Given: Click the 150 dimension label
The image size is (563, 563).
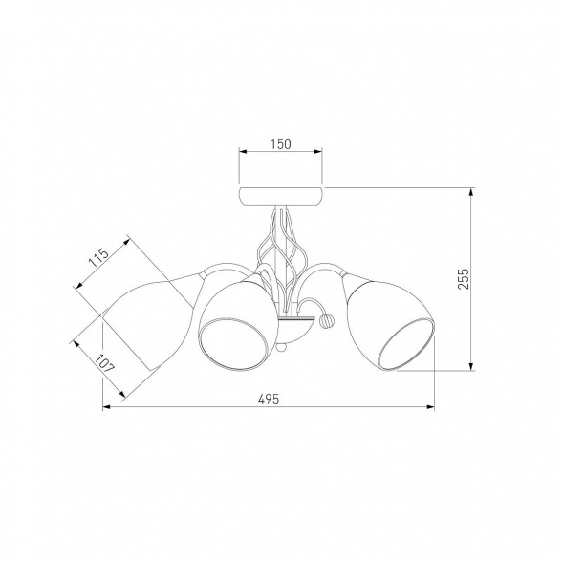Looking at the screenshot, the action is tap(281, 144).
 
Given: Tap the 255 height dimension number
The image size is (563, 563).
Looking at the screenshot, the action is tap(464, 278).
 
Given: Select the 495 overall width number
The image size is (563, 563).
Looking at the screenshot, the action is tap(269, 399).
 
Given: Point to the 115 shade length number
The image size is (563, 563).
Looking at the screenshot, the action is tap(98, 257).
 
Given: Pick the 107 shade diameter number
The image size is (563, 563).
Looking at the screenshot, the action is tap(105, 363).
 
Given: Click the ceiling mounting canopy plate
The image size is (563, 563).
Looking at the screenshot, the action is tap(281, 197).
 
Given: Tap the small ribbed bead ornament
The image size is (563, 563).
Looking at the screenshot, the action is tap(327, 319).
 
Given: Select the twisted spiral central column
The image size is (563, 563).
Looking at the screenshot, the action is tap(282, 258).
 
